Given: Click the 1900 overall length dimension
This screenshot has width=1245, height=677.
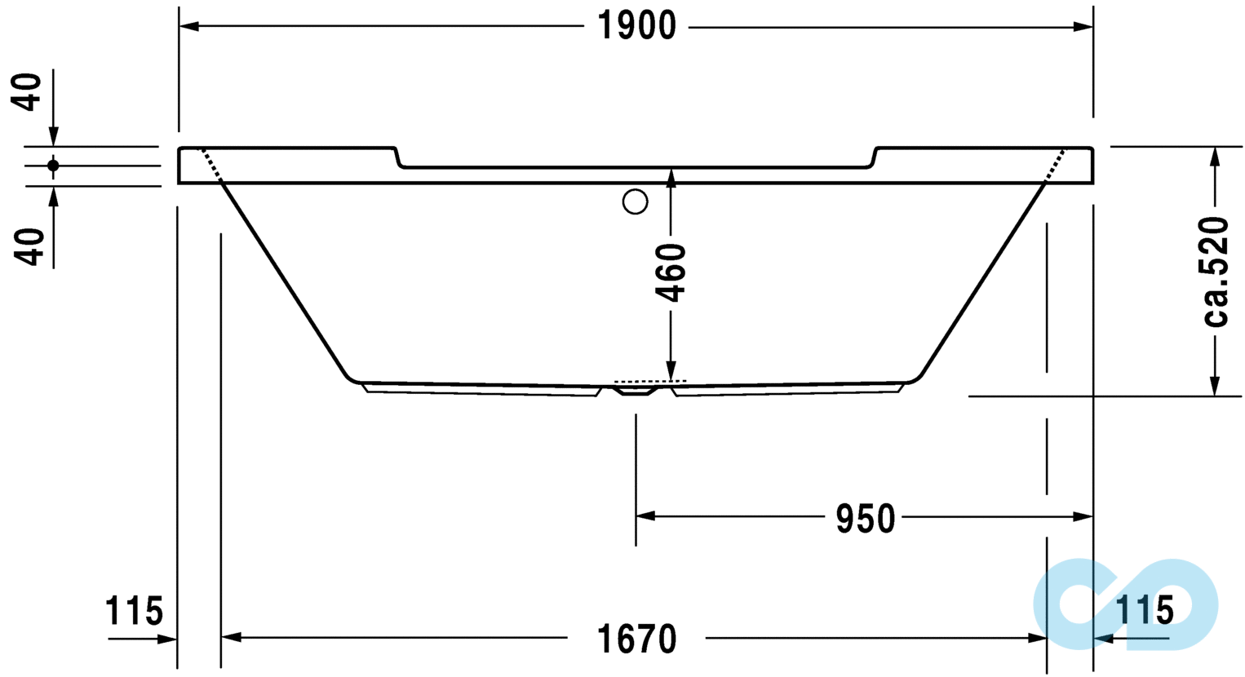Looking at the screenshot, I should [637, 26].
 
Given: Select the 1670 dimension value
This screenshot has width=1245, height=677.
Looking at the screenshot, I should [637, 639].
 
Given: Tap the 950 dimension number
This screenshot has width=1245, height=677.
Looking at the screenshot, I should [865, 519].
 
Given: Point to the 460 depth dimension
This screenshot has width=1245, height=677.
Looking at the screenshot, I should [672, 272].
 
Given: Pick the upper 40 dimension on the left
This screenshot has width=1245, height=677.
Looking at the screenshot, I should [28, 91].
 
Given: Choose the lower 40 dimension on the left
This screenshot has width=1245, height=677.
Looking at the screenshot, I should [29, 246].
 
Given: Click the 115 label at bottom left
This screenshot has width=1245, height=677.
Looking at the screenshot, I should [134, 610].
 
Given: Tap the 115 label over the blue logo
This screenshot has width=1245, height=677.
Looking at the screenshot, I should [1144, 609].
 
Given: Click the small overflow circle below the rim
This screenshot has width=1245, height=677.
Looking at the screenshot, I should [635, 201].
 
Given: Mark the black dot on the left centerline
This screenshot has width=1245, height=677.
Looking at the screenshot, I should [53, 166].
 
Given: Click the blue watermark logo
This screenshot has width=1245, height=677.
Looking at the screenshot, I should [1126, 604].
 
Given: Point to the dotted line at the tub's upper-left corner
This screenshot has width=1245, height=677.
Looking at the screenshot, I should [210, 166].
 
